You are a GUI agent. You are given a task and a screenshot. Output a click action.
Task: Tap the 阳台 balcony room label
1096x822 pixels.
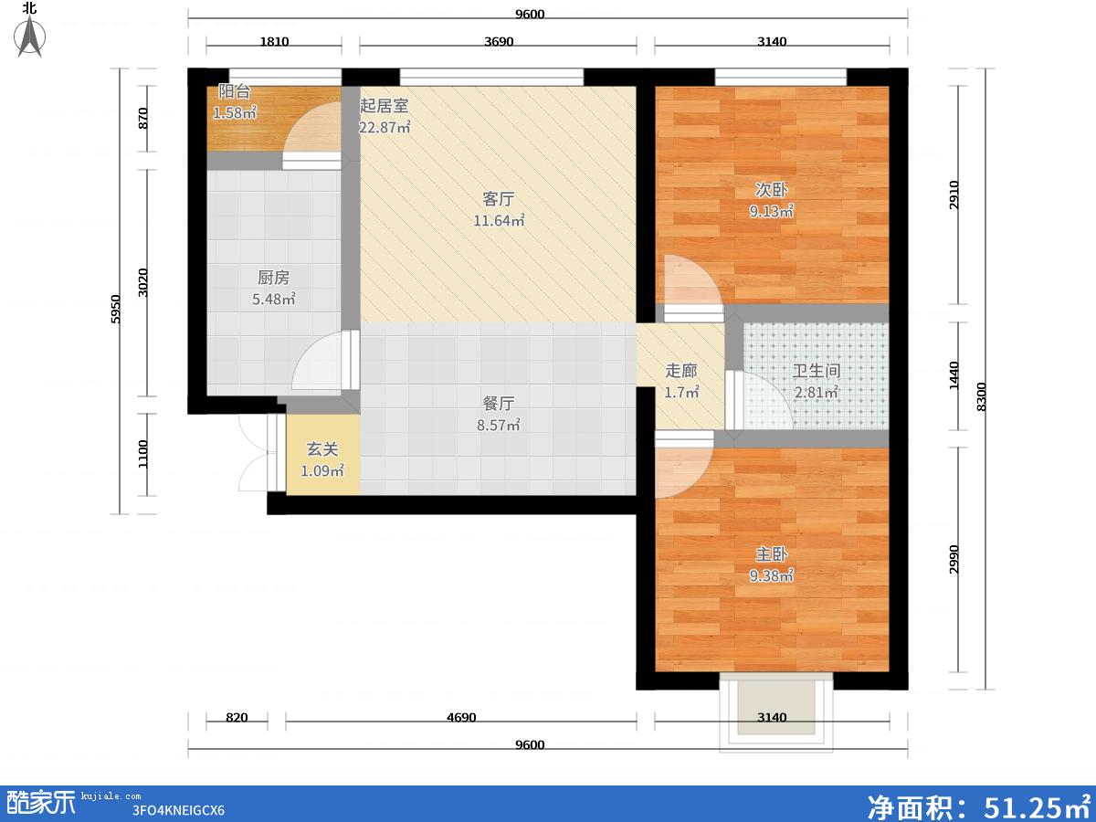click(x=234, y=92)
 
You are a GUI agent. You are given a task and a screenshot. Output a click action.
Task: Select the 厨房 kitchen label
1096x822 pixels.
click(x=273, y=278)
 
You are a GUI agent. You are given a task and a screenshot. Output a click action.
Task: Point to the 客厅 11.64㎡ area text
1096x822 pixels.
click(x=499, y=220)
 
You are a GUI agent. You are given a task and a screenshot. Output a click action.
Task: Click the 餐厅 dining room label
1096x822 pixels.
click(x=499, y=404)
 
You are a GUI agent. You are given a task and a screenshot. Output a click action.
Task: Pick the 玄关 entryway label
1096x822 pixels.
click(x=322, y=449)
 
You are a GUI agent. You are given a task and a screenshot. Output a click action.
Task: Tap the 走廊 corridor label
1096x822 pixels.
click(x=681, y=371)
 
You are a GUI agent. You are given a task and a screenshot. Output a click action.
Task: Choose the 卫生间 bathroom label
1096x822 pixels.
click(x=817, y=371)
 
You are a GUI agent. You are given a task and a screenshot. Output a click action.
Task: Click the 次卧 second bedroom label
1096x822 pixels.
click(x=771, y=190)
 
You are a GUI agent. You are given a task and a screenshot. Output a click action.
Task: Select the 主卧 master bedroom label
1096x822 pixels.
click(x=771, y=554)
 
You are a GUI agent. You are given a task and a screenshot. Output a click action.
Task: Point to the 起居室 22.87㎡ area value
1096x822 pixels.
click(x=385, y=127)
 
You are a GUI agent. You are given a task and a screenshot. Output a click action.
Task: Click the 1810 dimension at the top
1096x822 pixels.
click(x=274, y=41)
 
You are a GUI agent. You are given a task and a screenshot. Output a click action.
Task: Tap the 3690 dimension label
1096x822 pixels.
click(x=499, y=41)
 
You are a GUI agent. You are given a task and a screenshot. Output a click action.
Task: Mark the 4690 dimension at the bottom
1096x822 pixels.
click(x=461, y=718)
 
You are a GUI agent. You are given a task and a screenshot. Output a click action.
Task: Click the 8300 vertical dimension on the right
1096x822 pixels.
click(x=981, y=396)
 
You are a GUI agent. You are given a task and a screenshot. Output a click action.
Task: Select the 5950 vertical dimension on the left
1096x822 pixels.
click(x=115, y=310)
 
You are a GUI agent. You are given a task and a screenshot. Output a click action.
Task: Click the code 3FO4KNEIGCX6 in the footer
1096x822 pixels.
click(x=178, y=810)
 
